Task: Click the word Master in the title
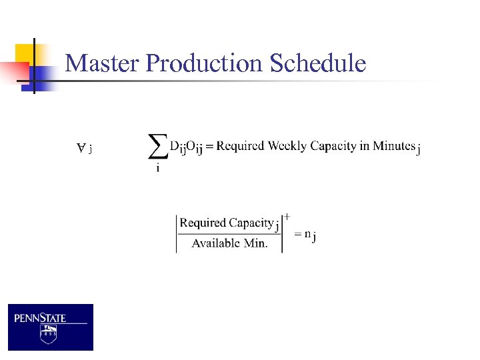point(103,63)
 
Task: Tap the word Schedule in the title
point(318,63)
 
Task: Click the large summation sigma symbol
point(157,146)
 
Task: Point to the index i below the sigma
point(157,168)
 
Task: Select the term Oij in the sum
point(195,147)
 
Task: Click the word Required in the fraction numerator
point(203,223)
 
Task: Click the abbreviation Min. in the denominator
point(256,243)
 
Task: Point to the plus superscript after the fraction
point(287,216)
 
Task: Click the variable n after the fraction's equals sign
point(307,233)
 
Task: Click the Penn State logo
point(51,327)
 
